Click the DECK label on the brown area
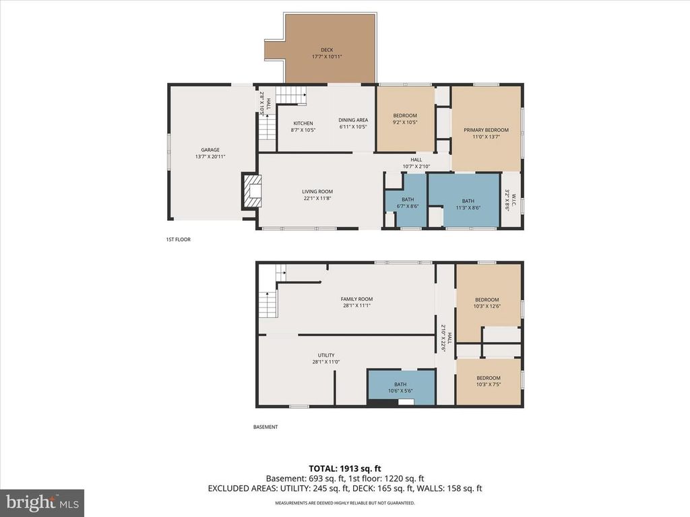coord(327,50)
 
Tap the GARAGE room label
coord(210,150)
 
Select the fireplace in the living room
coord(252,191)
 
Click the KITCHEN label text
coord(303,123)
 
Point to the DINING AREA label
coord(352,120)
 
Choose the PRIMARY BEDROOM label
coord(486,130)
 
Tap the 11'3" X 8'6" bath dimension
coord(468,207)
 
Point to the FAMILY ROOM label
coord(356,299)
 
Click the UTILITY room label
coord(326,355)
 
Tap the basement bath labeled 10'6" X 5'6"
coord(400,387)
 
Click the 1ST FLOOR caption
coord(179,239)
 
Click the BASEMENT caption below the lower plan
coord(265,427)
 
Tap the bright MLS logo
coord(42,502)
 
